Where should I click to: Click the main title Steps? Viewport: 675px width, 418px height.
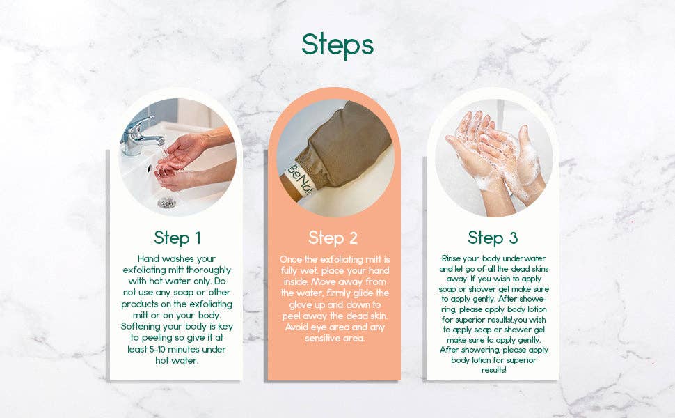(337, 44)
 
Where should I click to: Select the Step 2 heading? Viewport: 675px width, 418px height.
(333, 238)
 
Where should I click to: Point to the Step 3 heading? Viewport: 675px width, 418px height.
(493, 238)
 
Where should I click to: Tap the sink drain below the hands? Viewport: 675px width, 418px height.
(167, 202)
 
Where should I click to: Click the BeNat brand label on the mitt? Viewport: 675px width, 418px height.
(301, 178)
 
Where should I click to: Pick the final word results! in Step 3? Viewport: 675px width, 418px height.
(493, 371)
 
